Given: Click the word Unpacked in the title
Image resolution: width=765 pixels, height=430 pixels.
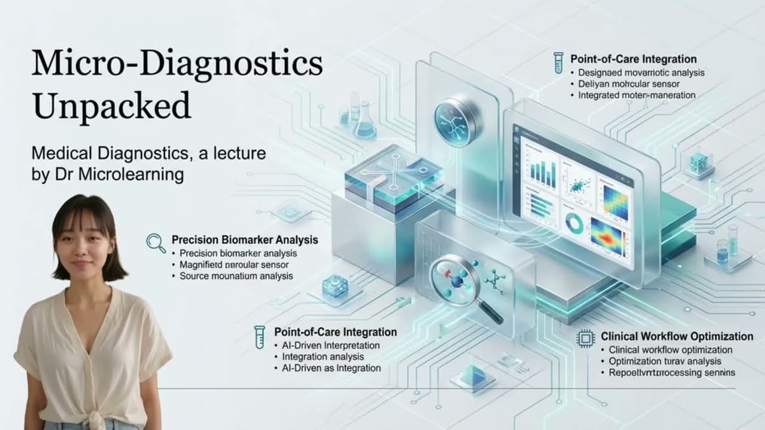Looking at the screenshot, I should click(x=112, y=105).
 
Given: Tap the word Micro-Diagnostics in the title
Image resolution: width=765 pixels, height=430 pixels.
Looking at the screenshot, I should click(x=177, y=64).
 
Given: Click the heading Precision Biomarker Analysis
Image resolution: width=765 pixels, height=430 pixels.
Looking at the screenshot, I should click(x=245, y=240).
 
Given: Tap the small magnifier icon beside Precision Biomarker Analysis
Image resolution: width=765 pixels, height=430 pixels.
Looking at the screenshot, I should click(x=156, y=241).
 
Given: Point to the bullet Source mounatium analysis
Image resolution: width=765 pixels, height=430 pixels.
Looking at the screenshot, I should click(x=236, y=276).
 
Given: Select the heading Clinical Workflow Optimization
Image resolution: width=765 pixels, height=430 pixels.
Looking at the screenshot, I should click(x=677, y=336).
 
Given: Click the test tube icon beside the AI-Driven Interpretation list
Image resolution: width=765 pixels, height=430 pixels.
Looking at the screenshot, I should click(x=259, y=336).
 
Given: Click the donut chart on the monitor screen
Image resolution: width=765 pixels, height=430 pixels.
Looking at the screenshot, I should click(x=574, y=223).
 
